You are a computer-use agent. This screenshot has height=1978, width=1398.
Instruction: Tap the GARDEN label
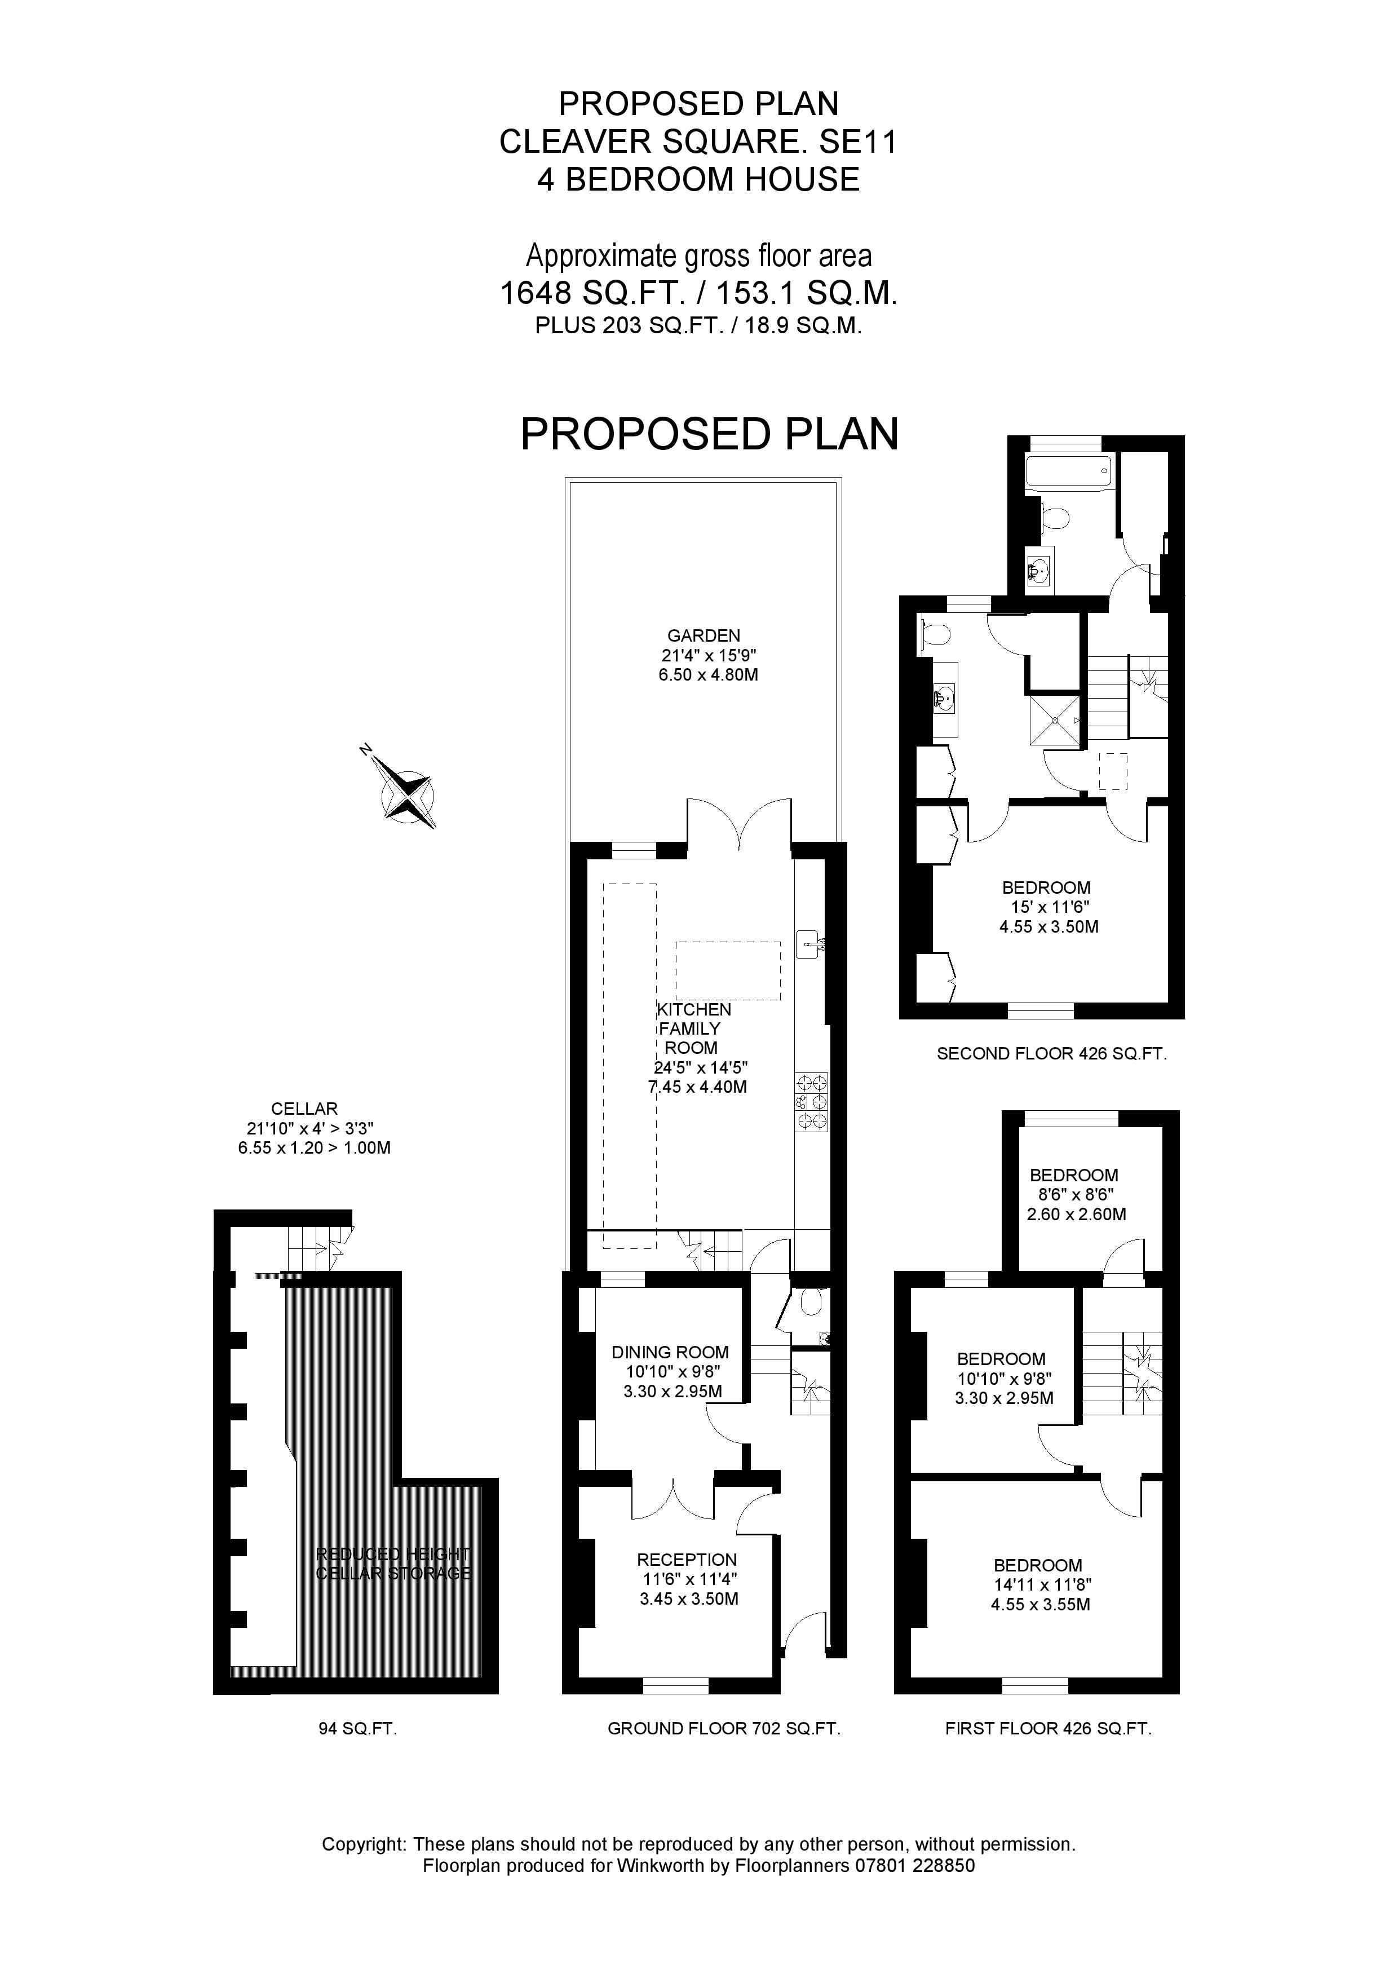click(x=703, y=636)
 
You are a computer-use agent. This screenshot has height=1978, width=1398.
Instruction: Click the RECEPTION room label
click(x=687, y=1559)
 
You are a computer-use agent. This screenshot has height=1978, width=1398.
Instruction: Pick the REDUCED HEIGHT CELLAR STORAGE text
click(x=393, y=1564)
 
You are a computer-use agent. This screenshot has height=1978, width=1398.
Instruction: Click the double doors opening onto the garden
click(x=738, y=824)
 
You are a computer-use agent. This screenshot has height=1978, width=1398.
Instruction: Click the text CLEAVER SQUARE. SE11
click(x=698, y=142)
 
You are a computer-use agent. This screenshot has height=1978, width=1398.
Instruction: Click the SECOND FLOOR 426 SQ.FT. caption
click(x=1051, y=1053)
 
